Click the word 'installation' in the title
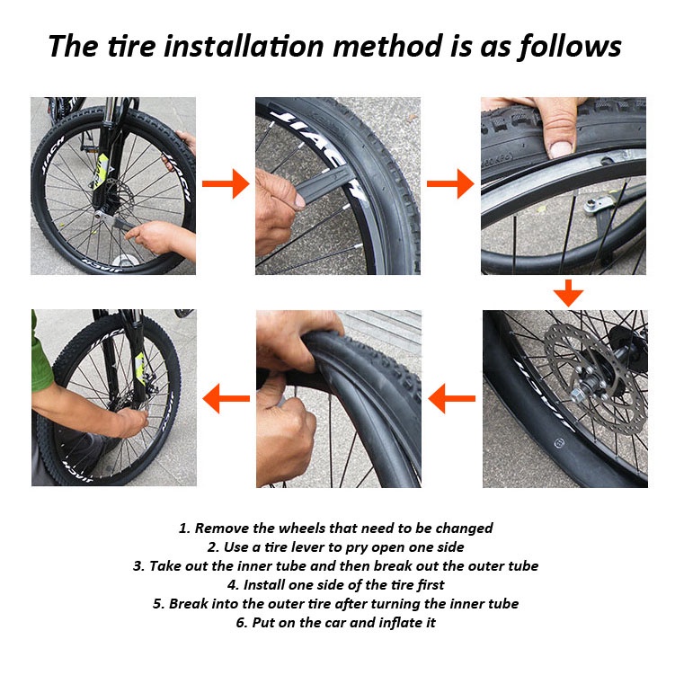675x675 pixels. pyautogui.click(x=244, y=46)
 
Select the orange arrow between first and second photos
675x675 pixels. pyautogui.click(x=226, y=184)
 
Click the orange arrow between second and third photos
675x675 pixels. pyautogui.click(x=450, y=184)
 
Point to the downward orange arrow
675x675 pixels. pyautogui.click(x=568, y=293)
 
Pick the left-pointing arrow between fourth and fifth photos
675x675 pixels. pyautogui.click(x=451, y=399)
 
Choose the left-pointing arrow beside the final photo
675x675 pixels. pyautogui.click(x=226, y=399)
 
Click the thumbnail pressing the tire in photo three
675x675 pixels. pyautogui.click(x=561, y=149)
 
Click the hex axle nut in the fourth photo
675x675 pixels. pyautogui.click(x=578, y=395)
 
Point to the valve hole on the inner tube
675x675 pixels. pyautogui.click(x=559, y=442)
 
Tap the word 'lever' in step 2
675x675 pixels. pyautogui.click(x=306, y=547)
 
